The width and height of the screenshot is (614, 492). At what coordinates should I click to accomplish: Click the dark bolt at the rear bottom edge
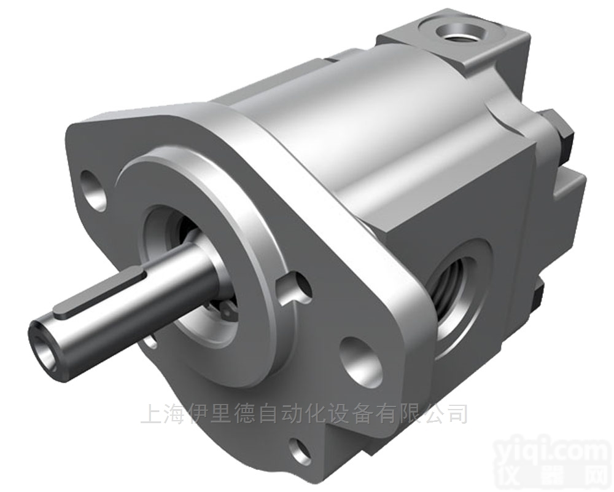pos(539,295)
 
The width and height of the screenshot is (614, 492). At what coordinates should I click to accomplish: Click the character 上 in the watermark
pos(150,413)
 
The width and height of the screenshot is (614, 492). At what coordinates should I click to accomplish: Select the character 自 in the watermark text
pos(249,413)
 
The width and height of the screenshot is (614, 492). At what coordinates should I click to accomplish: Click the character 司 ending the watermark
pos(456,413)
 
